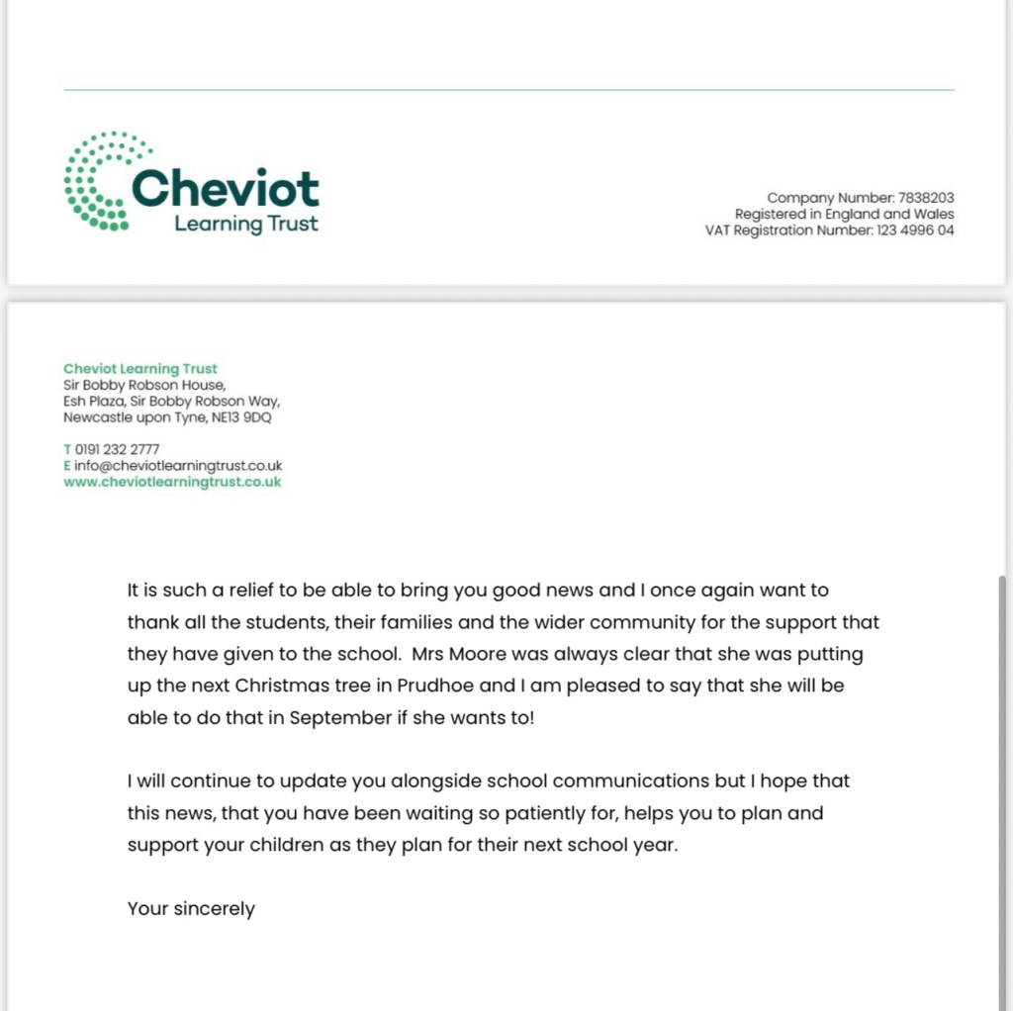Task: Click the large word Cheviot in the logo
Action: click(x=226, y=188)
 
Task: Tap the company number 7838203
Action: click(x=925, y=198)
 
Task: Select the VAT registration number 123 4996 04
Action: click(x=915, y=230)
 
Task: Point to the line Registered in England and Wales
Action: click(x=844, y=214)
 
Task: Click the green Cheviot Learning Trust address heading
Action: click(x=139, y=369)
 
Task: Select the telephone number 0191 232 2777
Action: click(x=117, y=449)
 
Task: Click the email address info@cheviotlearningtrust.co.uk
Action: click(x=178, y=465)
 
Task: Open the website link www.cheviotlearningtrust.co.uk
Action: click(x=172, y=482)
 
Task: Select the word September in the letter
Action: click(x=340, y=718)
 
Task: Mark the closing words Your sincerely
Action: click(x=191, y=908)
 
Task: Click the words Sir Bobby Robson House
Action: click(x=144, y=385)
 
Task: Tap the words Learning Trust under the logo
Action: click(x=246, y=224)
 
